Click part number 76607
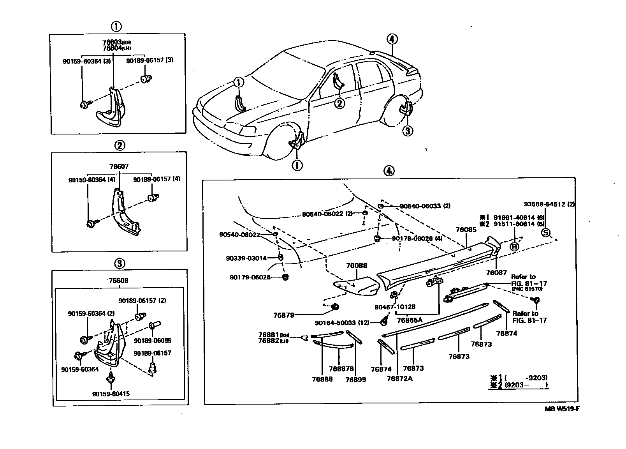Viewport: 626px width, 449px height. (119, 166)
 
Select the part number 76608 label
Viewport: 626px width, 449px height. (119, 281)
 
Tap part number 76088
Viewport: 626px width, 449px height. (357, 265)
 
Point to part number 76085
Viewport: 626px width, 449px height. (466, 230)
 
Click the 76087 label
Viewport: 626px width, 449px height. (496, 273)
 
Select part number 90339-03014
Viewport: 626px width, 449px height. (246, 258)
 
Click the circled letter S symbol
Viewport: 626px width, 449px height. (546, 233)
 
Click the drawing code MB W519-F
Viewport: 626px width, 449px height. (559, 409)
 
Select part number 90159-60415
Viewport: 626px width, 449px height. (111, 394)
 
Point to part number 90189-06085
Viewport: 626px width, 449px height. (153, 340)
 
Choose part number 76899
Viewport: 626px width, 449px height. (355, 379)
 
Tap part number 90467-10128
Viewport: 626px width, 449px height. (395, 307)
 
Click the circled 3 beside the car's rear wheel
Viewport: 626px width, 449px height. (407, 131)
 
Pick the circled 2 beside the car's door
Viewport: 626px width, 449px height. (339, 103)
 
